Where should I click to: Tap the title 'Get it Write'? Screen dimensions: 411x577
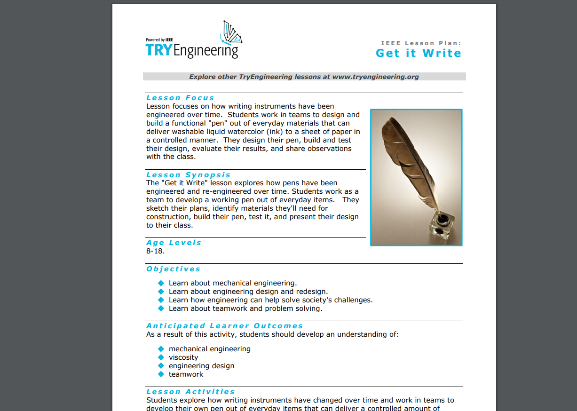(418, 53)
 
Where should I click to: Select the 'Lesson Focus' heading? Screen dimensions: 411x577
(180, 98)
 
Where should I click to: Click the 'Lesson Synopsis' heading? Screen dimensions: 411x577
(188, 175)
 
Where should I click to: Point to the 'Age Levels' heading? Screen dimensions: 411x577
(174, 243)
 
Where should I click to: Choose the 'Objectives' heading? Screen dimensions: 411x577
(173, 269)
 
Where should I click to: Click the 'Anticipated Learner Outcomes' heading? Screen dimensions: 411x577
(224, 326)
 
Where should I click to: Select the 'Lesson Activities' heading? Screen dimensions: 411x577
(190, 392)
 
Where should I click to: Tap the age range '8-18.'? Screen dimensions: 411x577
(156, 251)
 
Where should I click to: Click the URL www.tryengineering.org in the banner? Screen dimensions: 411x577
(375, 77)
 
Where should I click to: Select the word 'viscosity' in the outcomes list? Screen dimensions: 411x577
(183, 357)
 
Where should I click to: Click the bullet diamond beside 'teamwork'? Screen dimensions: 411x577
(161, 374)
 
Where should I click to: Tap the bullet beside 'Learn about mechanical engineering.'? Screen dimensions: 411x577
(161, 283)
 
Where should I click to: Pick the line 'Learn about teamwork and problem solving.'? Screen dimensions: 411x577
(245, 308)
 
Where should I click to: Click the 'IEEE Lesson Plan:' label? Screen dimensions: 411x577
(421, 43)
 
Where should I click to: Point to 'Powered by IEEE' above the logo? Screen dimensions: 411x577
(159, 40)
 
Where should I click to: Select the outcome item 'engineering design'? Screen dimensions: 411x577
(201, 366)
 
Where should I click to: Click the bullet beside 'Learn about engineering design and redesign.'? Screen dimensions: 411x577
(161, 292)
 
